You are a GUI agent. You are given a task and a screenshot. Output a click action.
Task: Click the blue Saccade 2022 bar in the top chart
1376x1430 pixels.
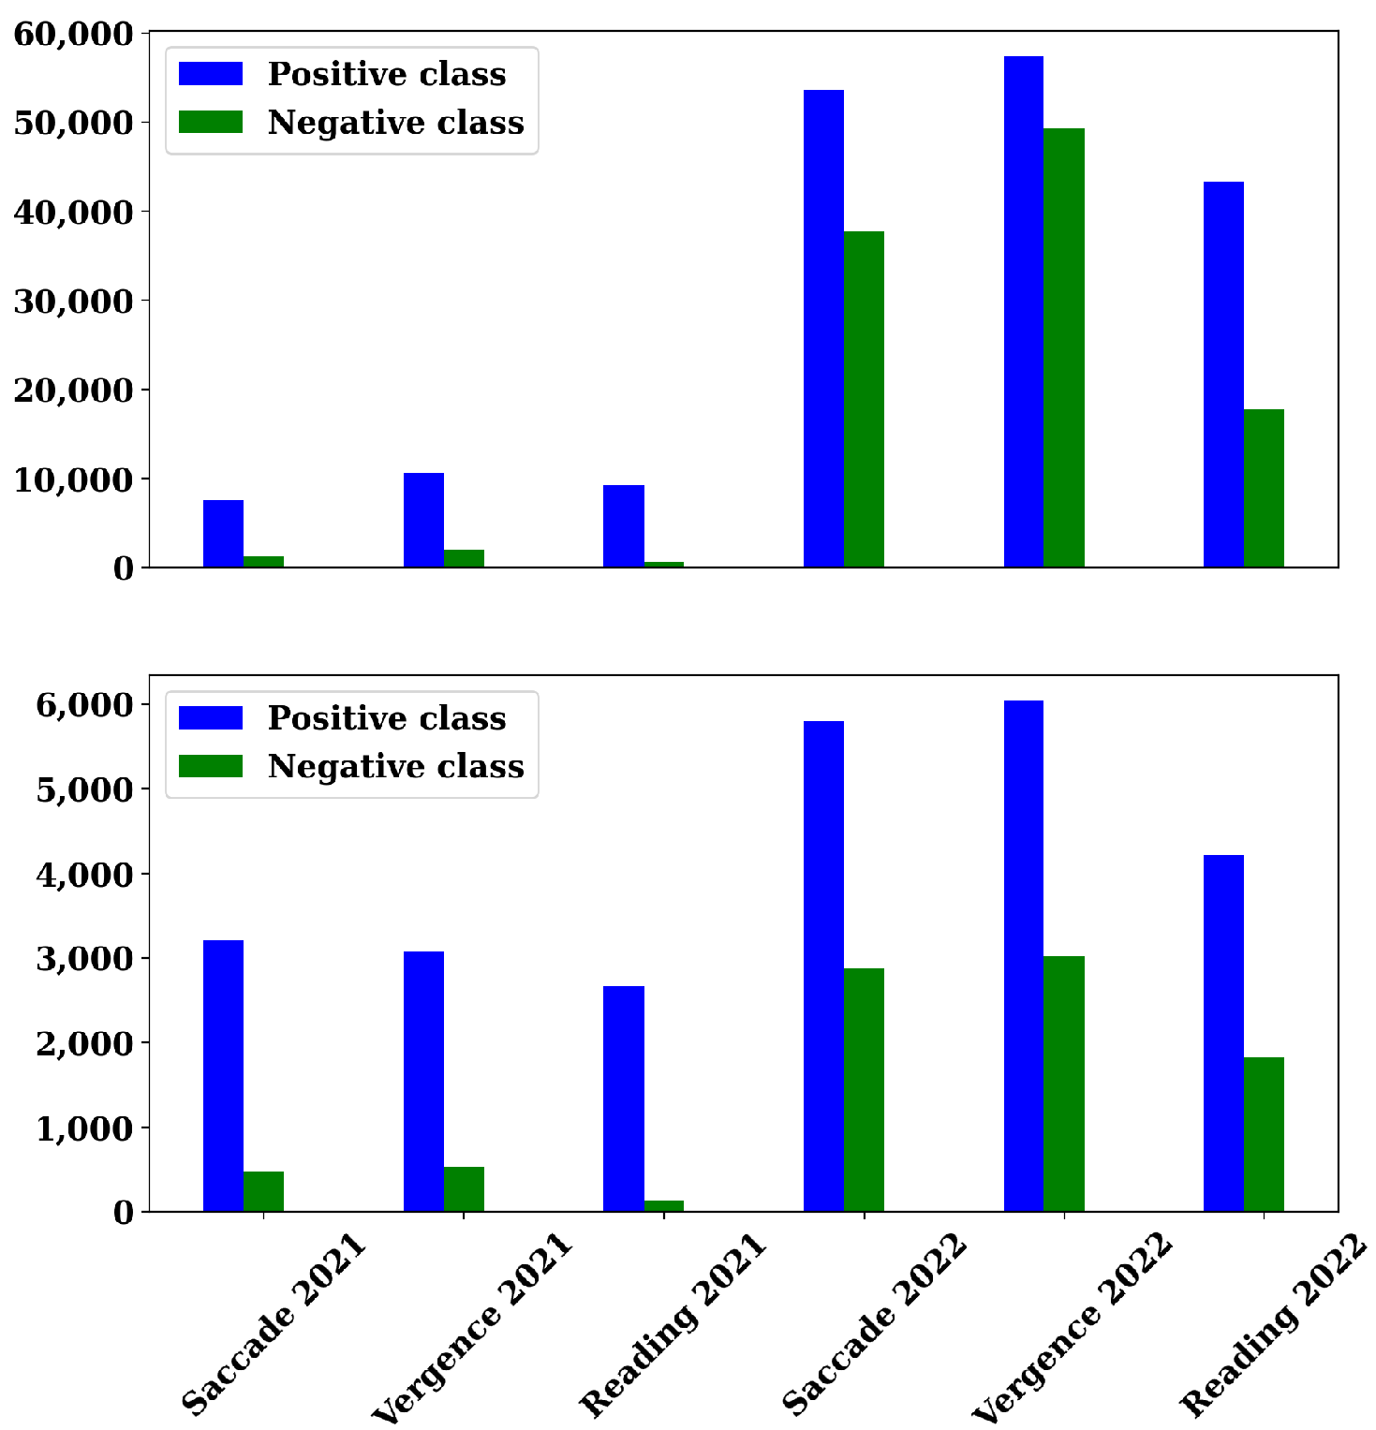tap(823, 329)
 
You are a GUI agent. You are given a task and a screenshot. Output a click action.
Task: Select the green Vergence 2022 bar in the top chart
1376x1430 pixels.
tap(1064, 347)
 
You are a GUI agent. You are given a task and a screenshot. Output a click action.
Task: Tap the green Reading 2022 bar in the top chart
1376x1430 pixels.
tap(1264, 488)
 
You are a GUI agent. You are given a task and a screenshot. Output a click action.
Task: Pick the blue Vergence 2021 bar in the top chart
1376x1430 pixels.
tap(423, 520)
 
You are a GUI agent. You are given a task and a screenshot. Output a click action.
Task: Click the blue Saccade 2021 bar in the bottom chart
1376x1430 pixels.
tap(223, 1076)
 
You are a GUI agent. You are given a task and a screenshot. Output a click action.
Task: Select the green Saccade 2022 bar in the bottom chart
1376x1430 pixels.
tap(864, 1090)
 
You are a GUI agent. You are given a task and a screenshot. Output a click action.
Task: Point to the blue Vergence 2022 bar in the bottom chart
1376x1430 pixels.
tap(1023, 956)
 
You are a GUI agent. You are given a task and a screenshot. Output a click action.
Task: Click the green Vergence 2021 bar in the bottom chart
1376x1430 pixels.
tap(464, 1189)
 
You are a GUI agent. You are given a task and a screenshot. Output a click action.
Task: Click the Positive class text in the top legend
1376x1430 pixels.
tap(386, 74)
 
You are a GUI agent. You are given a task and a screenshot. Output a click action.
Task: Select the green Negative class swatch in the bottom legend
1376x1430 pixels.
tap(211, 766)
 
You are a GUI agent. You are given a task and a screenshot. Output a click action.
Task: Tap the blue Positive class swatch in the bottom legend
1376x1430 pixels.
tap(211, 717)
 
